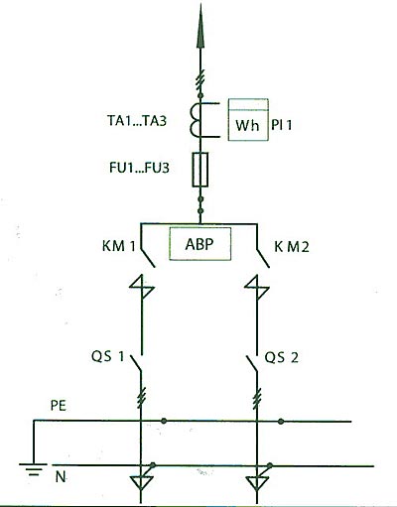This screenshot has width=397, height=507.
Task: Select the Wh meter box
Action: click(248, 120)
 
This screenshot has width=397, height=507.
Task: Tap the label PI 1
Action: click(282, 125)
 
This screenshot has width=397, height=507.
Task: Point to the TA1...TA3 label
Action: click(137, 121)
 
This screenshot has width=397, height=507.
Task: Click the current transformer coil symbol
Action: click(196, 120)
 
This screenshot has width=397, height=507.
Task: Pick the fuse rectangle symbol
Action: click(200, 170)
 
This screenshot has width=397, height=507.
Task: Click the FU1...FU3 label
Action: click(139, 168)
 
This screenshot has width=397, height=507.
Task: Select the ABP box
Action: click(200, 244)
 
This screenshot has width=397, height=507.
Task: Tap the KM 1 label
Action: click(119, 246)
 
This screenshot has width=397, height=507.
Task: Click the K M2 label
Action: click(292, 247)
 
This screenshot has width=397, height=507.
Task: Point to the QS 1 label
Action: click(108, 356)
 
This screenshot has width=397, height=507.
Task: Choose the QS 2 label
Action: click(281, 357)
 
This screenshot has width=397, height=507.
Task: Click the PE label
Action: click(59, 406)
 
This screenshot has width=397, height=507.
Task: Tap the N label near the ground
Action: click(61, 477)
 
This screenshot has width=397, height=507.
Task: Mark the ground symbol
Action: click(33, 469)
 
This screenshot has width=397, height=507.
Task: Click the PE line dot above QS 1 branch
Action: click(164, 421)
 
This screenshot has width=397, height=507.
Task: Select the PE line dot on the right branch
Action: click(281, 422)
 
